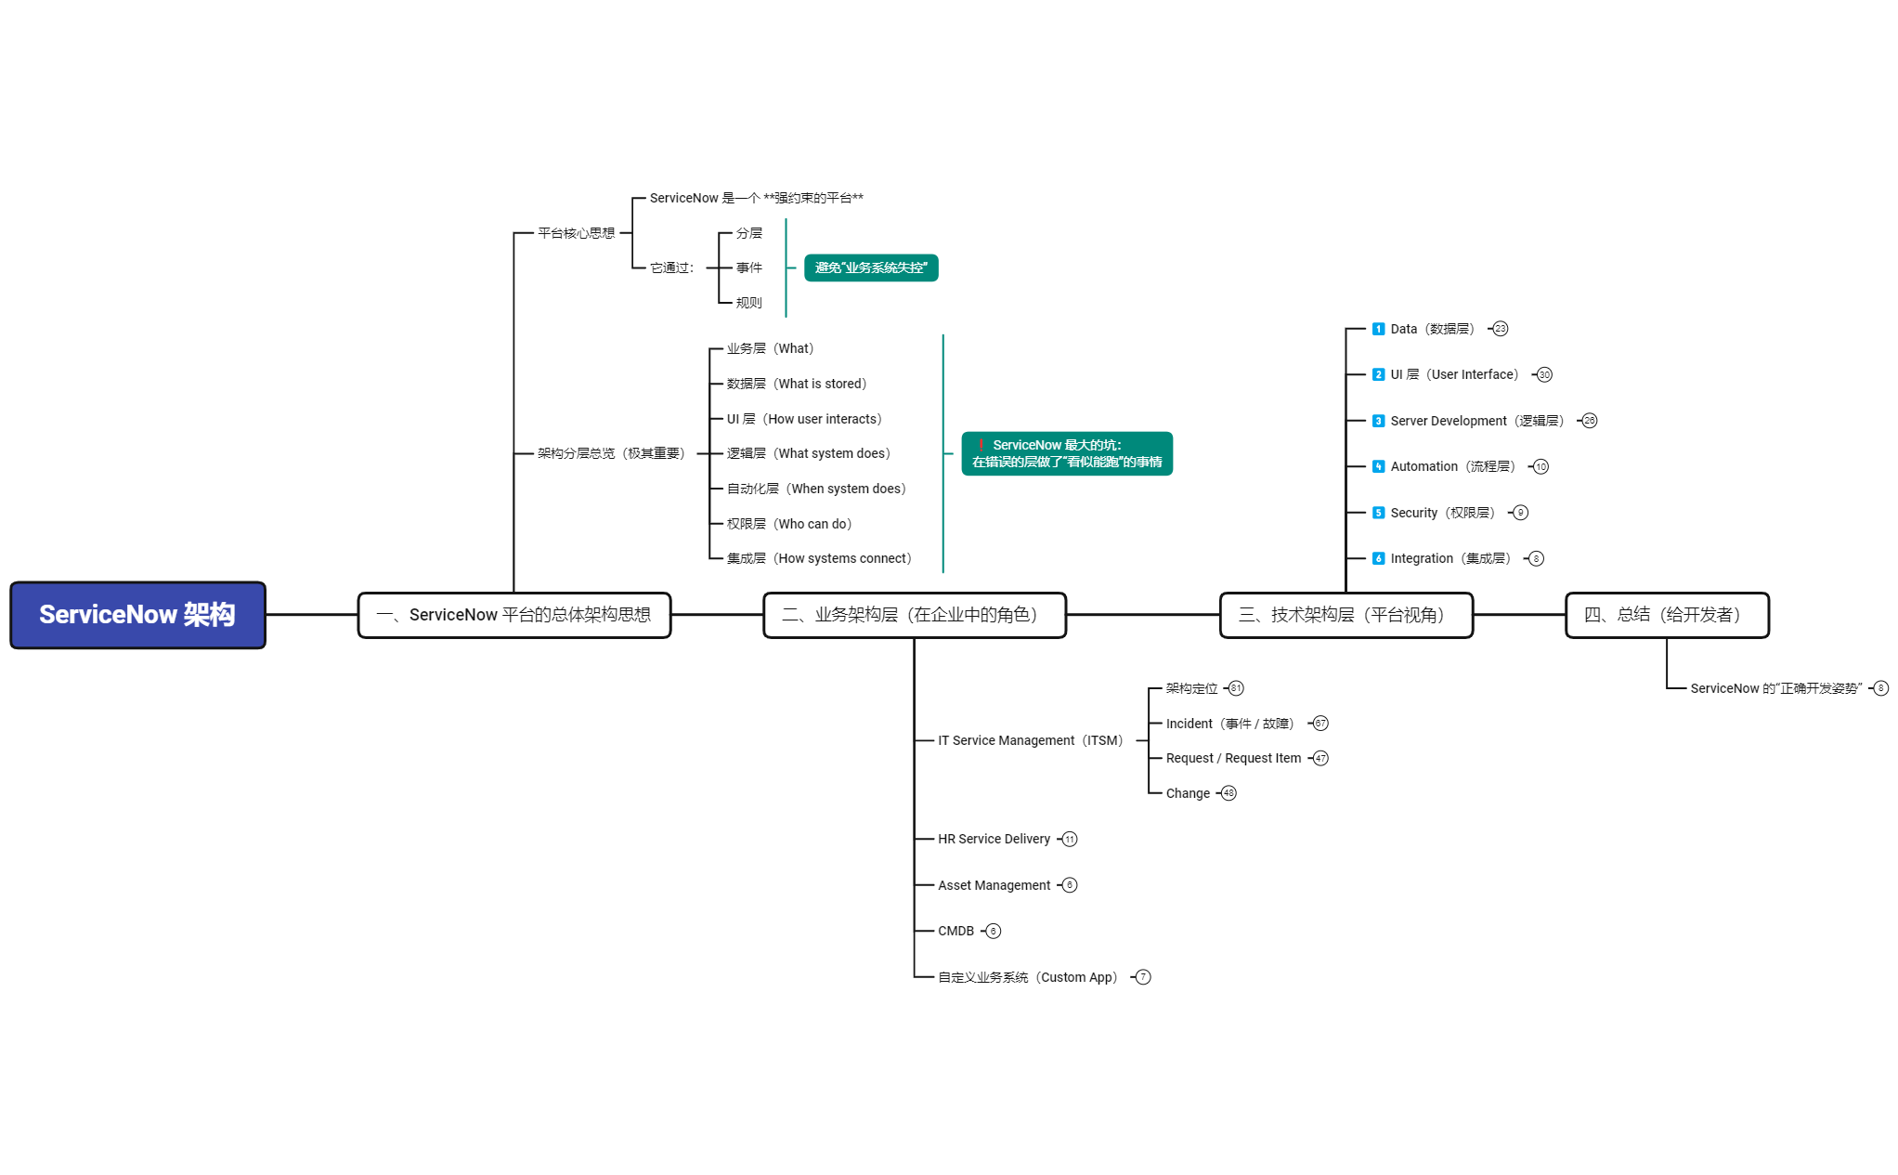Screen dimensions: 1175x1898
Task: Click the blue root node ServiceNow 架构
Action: click(x=137, y=615)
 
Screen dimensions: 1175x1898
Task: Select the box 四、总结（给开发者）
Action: click(x=1666, y=615)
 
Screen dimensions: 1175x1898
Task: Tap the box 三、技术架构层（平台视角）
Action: click(x=1345, y=615)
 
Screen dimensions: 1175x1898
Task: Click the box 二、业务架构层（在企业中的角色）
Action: click(x=914, y=615)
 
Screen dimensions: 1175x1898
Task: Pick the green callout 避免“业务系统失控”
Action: click(x=870, y=268)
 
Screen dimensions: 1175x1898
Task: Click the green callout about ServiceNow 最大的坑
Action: click(x=1066, y=453)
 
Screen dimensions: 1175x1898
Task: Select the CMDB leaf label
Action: click(x=955, y=931)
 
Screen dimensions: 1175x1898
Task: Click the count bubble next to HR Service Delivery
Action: click(x=1070, y=839)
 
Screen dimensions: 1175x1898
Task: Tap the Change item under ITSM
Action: click(x=1188, y=793)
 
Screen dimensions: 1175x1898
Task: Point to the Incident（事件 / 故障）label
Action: click(x=1229, y=724)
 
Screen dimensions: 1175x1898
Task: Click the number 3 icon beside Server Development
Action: click(x=1378, y=421)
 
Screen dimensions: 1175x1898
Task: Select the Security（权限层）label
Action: click(x=1442, y=513)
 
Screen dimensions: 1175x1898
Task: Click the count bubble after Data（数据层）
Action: click(x=1501, y=329)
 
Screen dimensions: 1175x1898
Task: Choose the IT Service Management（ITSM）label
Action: click(x=1030, y=740)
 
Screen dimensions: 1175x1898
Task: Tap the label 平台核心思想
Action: click(x=576, y=233)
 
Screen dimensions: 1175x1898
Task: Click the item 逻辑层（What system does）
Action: click(x=808, y=453)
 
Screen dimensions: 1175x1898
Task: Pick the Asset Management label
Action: click(x=994, y=885)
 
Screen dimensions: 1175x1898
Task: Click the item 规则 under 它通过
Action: click(x=748, y=303)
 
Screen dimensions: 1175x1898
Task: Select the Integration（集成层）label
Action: click(x=1449, y=558)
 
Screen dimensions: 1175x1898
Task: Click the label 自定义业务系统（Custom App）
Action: click(x=1027, y=977)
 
